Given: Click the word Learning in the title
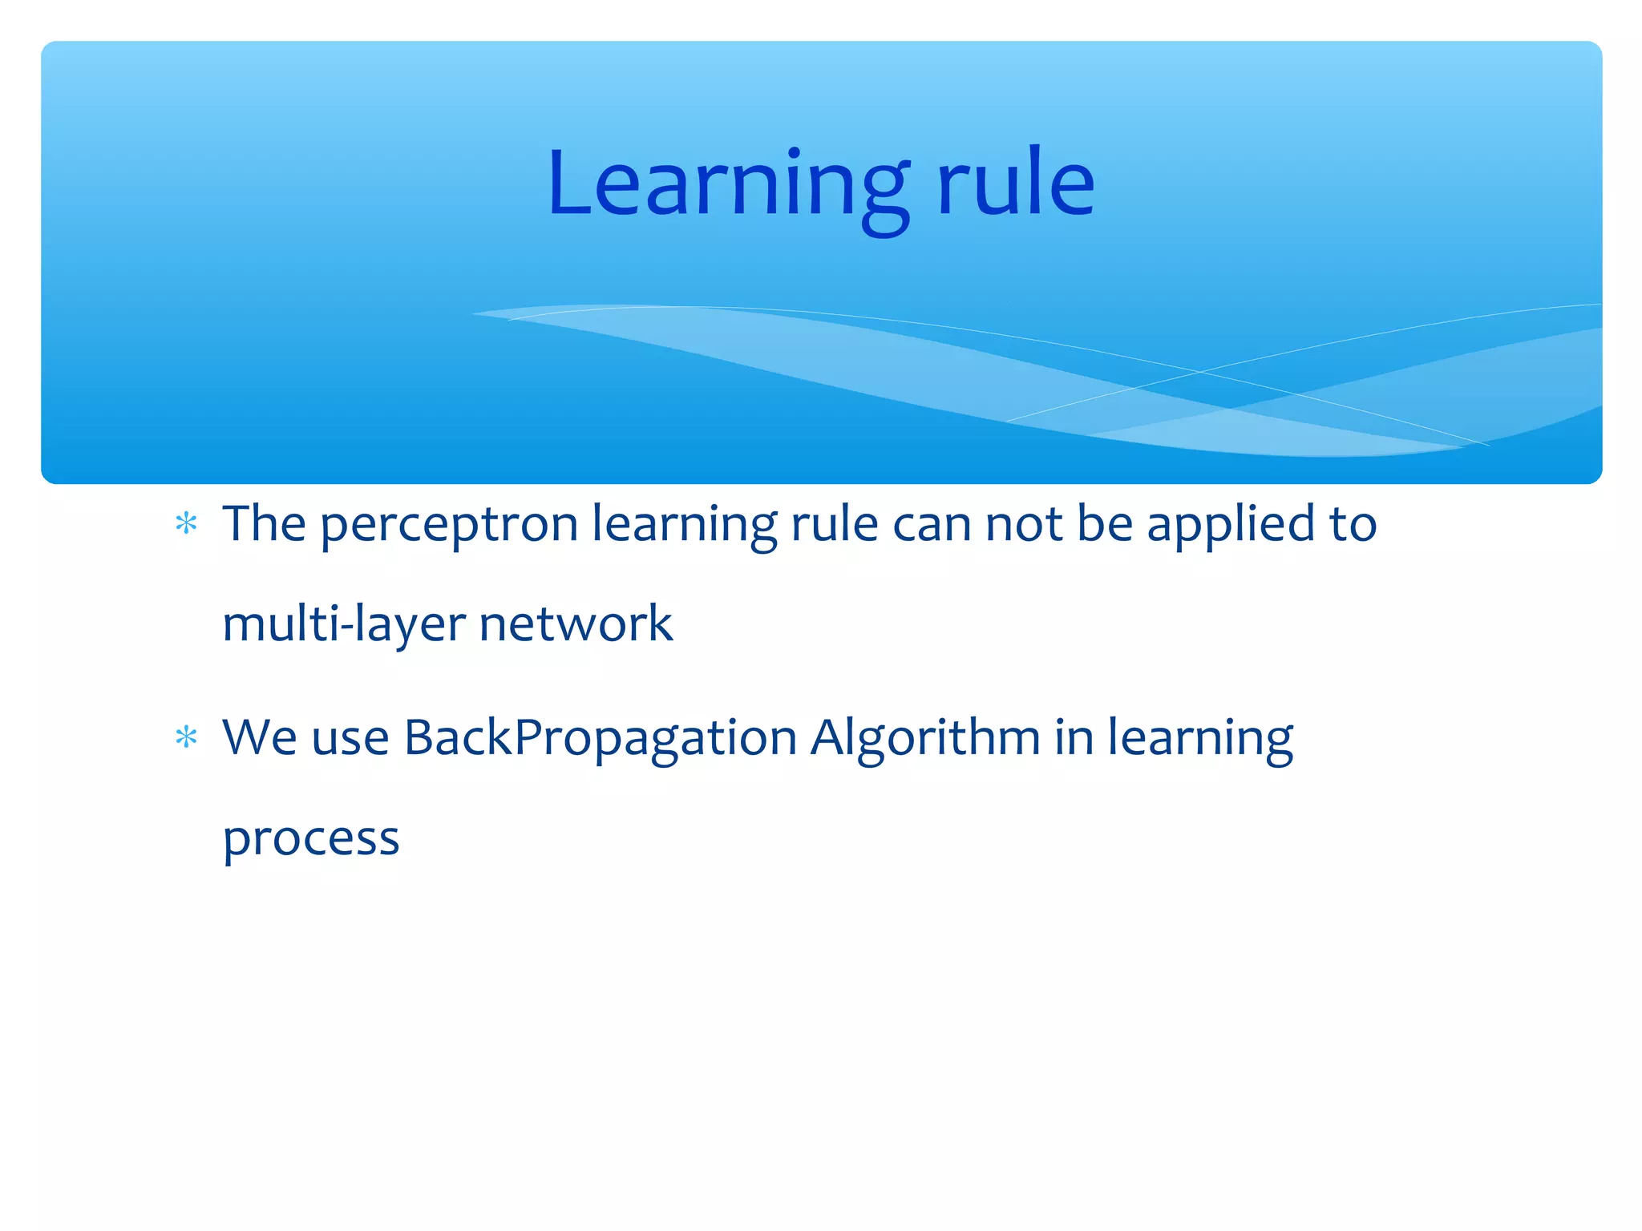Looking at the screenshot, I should click(x=728, y=186).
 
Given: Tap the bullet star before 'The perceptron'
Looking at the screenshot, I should click(x=186, y=524).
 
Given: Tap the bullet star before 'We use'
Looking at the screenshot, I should click(x=186, y=737).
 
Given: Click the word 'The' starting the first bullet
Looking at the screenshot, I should click(x=264, y=524).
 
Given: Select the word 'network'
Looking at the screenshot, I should click(x=576, y=624).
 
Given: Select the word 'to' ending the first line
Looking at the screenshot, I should click(x=1353, y=525).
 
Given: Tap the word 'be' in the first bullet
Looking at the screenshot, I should click(x=1104, y=524).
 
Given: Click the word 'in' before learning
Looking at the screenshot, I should click(x=1074, y=737).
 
